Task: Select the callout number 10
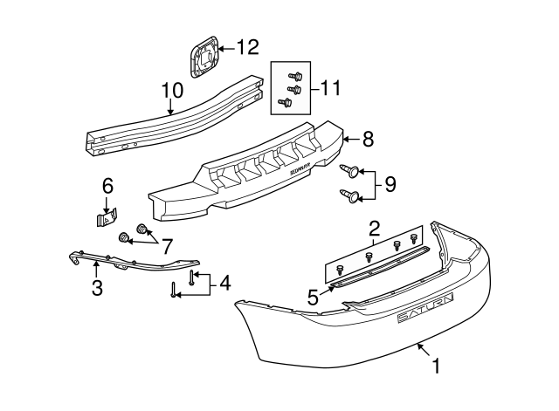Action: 170,90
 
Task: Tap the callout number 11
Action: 330,88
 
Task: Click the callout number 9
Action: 390,184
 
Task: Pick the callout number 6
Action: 107,185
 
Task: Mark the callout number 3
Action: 96,286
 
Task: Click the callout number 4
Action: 224,283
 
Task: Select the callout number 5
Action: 314,298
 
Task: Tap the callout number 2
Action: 374,229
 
